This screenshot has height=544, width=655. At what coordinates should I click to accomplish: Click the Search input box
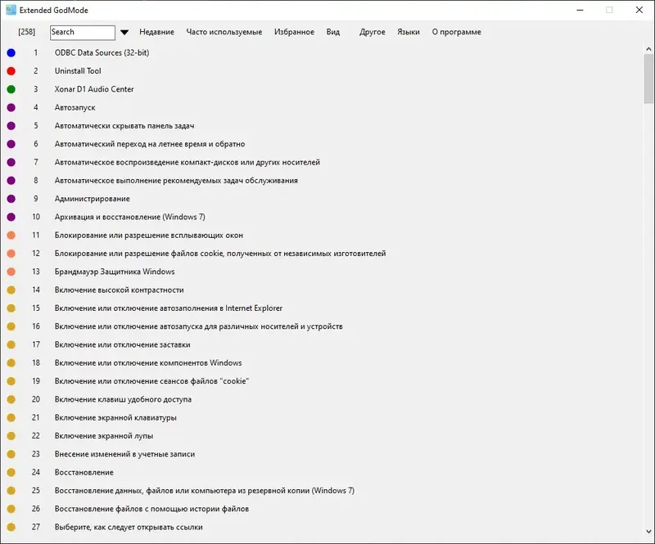pyautogui.click(x=82, y=33)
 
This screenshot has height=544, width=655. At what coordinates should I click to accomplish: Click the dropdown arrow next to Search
pyautogui.click(x=124, y=33)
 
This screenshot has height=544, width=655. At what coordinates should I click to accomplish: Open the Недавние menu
pyautogui.click(x=156, y=33)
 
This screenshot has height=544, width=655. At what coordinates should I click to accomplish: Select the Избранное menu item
pyautogui.click(x=294, y=33)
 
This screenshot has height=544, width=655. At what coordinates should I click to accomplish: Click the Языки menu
pyautogui.click(x=408, y=33)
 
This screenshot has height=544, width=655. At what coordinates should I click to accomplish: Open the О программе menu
pyautogui.click(x=456, y=33)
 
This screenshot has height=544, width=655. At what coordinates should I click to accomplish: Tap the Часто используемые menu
pyautogui.click(x=224, y=33)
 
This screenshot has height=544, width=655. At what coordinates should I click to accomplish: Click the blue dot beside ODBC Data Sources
pyautogui.click(x=11, y=53)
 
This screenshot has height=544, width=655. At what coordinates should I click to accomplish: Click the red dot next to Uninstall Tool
pyautogui.click(x=11, y=71)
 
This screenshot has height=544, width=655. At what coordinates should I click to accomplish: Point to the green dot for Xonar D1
pyautogui.click(x=11, y=89)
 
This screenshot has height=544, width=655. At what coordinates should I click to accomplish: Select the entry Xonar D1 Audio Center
pyautogui.click(x=94, y=89)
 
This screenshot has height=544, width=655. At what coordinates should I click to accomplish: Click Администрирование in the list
pyautogui.click(x=92, y=199)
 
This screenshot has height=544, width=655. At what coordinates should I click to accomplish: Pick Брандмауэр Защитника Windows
pyautogui.click(x=114, y=272)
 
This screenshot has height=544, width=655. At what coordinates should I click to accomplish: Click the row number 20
pyautogui.click(x=36, y=399)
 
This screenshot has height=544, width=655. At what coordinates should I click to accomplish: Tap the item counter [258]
pyautogui.click(x=26, y=33)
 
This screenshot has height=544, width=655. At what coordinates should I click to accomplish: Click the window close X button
pyautogui.click(x=637, y=10)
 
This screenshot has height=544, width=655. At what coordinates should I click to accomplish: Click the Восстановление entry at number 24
pyautogui.click(x=84, y=473)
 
